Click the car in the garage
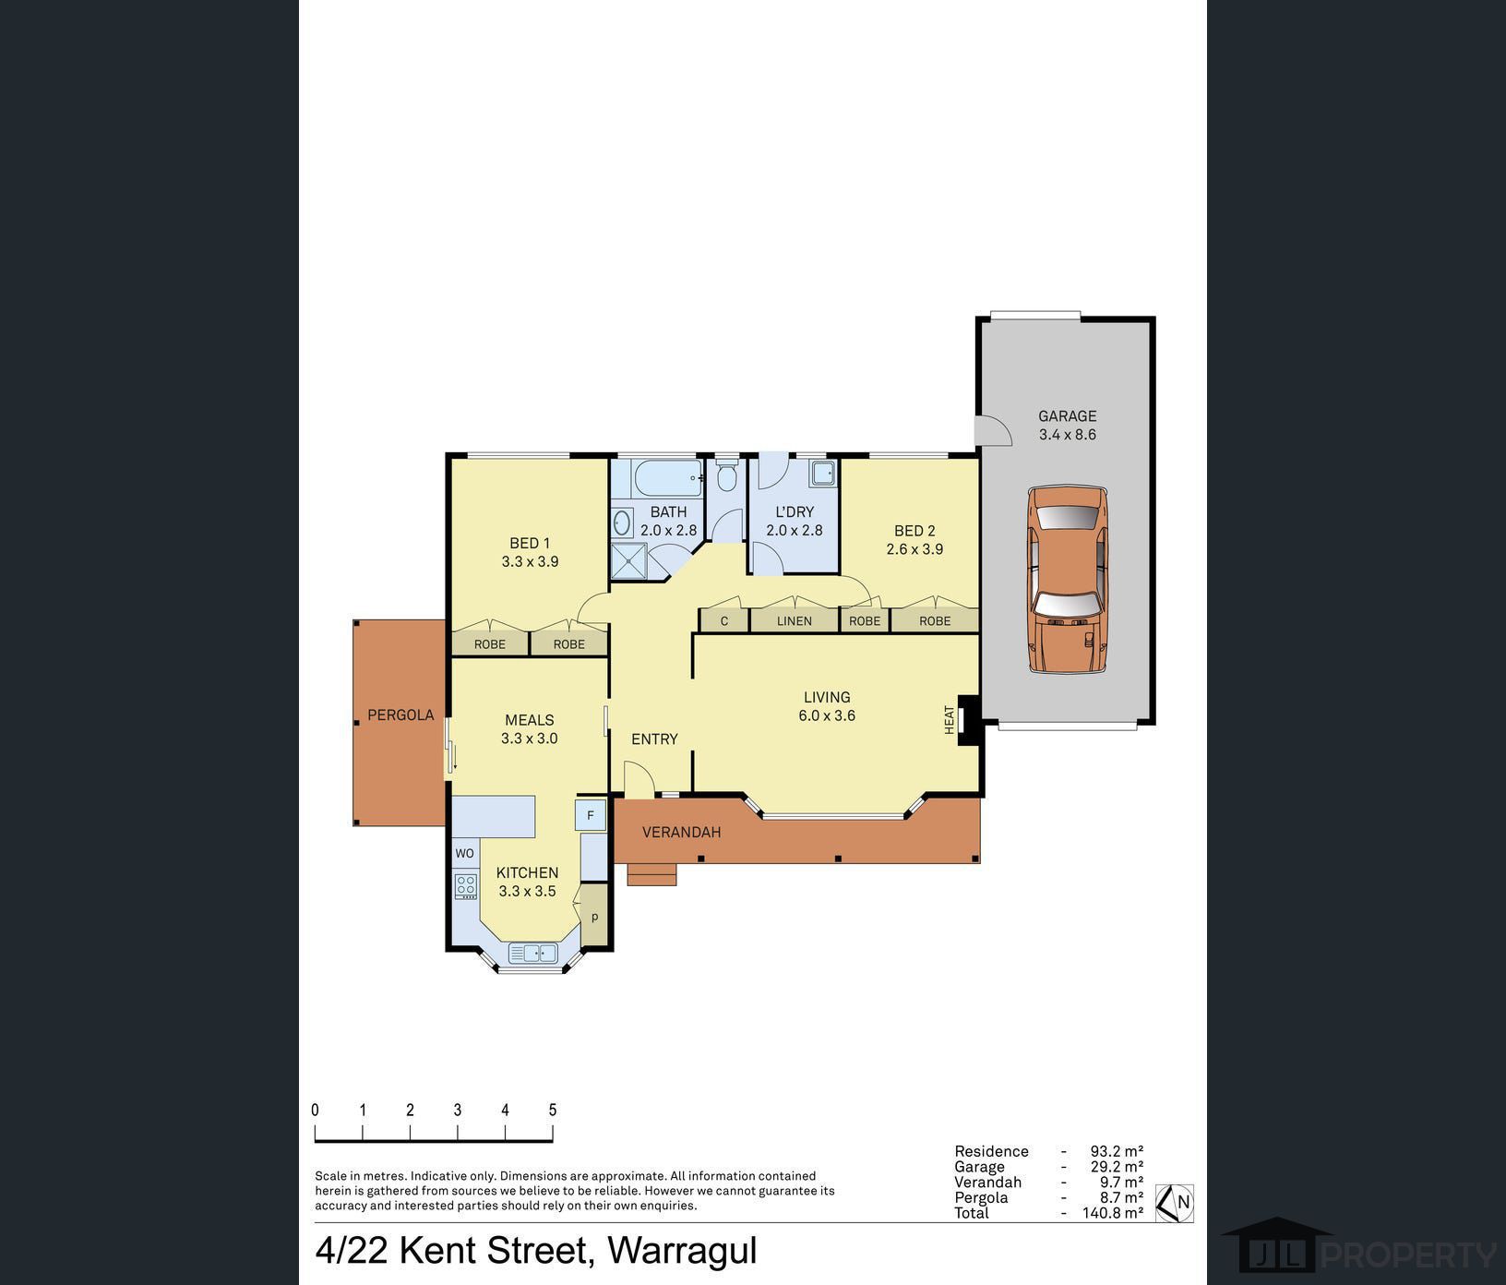pyautogui.click(x=1068, y=580)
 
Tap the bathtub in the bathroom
pyautogui.click(x=667, y=478)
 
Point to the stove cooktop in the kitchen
pyautogui.click(x=466, y=886)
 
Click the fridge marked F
pyautogui.click(x=591, y=815)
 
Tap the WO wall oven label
pyautogui.click(x=464, y=853)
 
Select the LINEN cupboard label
pyautogui.click(x=795, y=621)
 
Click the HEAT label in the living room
pyautogui.click(x=950, y=720)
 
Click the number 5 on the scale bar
pyautogui.click(x=553, y=1111)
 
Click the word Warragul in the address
pyautogui.click(x=682, y=1251)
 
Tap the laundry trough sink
pyautogui.click(x=823, y=474)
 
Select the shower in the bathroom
pyautogui.click(x=628, y=561)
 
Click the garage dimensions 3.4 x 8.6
pyautogui.click(x=1068, y=435)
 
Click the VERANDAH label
pyautogui.click(x=682, y=833)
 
